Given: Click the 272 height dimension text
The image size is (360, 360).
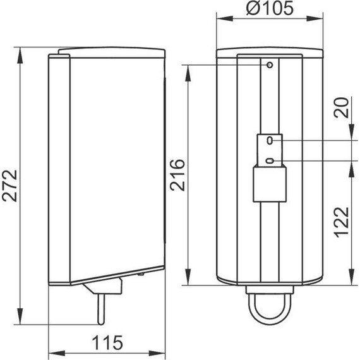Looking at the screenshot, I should tap(11, 185).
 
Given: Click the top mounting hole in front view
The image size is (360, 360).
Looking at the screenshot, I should tap(270, 65).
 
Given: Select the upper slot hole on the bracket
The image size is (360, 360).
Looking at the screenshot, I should tap(270, 140).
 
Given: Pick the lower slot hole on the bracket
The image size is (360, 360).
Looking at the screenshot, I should tap(270, 161).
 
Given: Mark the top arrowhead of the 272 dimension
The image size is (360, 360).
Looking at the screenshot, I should tap(21, 52).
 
